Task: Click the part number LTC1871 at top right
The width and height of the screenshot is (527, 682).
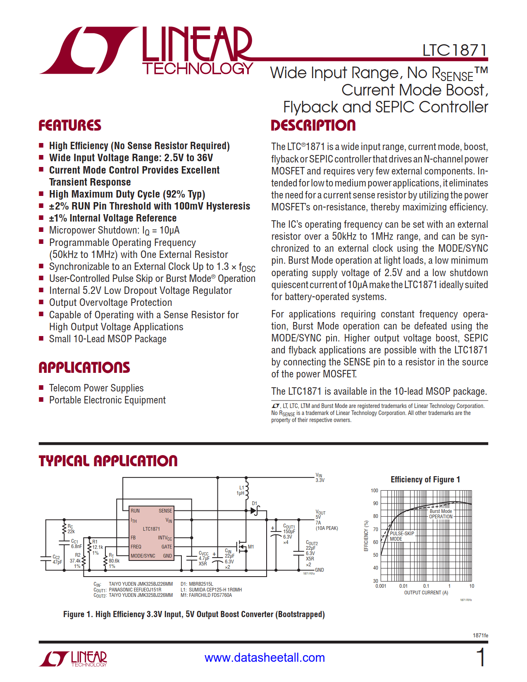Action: pos(455,50)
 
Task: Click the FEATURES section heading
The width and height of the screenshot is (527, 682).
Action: pos(70,125)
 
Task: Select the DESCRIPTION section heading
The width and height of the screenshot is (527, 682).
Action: pos(313,125)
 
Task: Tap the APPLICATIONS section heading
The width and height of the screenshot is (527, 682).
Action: pos(84,367)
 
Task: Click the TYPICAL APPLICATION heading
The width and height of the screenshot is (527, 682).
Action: pos(108,461)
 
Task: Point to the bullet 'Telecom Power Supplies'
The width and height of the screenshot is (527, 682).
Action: pos(96,388)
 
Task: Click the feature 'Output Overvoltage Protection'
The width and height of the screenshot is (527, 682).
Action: pos(110,303)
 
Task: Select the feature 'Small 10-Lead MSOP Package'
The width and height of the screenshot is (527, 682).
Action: pos(107,339)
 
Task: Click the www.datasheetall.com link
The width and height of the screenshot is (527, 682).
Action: pos(265,658)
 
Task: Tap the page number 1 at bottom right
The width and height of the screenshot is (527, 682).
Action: pos(481,657)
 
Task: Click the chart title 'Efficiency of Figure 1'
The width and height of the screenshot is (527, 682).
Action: pos(425,479)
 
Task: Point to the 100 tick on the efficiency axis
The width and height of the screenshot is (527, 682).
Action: pos(374,491)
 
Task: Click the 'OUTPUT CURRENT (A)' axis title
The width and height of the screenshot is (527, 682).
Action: pos(426,593)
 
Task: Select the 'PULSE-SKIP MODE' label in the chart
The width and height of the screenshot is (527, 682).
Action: pos(401,536)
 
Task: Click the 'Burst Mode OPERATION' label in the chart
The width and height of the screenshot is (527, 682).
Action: pos(441,514)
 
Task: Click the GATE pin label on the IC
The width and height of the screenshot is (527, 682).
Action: pos(167,547)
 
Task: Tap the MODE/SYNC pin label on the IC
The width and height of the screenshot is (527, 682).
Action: pos(143,556)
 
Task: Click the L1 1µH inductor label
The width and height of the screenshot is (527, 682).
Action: pos(241,491)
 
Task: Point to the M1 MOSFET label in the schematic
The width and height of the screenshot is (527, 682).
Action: pos(251,547)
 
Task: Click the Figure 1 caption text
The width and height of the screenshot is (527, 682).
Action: pos(194,614)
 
